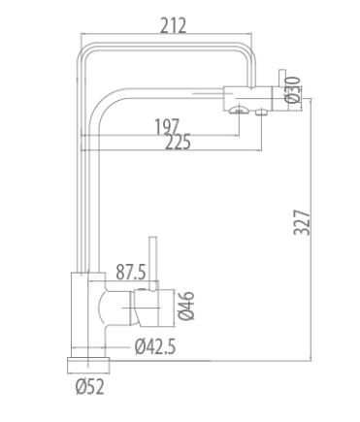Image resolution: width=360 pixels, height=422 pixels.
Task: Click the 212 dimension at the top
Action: (174, 25)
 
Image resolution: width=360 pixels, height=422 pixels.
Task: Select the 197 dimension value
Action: (167, 127)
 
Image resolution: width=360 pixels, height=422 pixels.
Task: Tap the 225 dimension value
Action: (178, 142)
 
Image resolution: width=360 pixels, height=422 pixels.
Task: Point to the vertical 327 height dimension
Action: (302, 222)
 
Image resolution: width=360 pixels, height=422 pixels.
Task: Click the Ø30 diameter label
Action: (293, 90)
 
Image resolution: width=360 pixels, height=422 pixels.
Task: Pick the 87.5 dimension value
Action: (131, 272)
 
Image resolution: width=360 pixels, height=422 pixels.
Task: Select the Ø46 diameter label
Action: (186, 306)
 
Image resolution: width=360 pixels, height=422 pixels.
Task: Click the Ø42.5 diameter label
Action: (155, 347)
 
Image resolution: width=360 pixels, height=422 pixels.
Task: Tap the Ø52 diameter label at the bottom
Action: (90, 386)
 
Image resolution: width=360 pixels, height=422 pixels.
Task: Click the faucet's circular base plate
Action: (88, 366)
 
